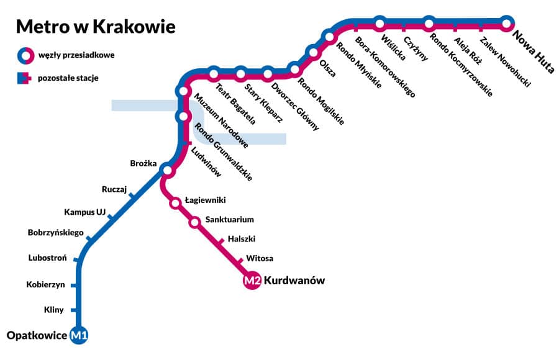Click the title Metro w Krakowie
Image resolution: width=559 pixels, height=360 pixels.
(95, 27)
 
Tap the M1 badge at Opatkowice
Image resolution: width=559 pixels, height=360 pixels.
(80, 336)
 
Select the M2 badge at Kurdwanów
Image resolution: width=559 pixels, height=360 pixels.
(252, 281)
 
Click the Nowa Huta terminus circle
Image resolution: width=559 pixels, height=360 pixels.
(507, 24)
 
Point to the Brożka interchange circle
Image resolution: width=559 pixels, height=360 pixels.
(166, 169)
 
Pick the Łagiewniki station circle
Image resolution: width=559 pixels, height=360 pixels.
(175, 202)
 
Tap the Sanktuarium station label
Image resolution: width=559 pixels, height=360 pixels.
(229, 220)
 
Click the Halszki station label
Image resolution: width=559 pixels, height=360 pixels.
(242, 239)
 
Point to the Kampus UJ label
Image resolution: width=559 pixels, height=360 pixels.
(85, 212)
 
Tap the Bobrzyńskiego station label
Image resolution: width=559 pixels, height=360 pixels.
(55, 233)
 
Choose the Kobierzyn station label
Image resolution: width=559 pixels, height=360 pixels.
(45, 285)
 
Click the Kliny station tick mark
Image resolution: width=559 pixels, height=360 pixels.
(74, 310)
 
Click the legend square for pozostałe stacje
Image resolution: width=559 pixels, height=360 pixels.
(23, 78)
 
